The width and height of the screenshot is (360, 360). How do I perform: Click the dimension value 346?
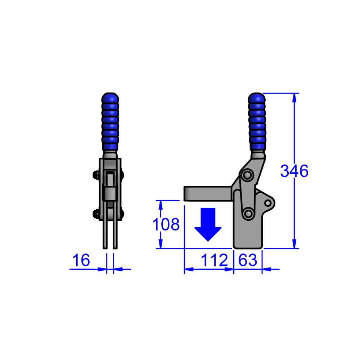pyautogui.click(x=294, y=171)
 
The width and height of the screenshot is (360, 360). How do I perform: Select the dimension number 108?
pyautogui.click(x=166, y=225)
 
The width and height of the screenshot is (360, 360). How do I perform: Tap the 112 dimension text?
pyautogui.click(x=215, y=260)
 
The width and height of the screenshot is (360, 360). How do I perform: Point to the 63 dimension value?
pyautogui.click(x=248, y=260)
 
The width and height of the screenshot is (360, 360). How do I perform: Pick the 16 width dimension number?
pyautogui.click(x=81, y=260)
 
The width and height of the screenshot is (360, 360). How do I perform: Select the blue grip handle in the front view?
pyautogui.click(x=110, y=122)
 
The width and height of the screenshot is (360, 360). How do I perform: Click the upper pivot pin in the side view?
pyautogui.click(x=247, y=175)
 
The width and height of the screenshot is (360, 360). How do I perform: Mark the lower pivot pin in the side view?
pyautogui.click(x=248, y=214)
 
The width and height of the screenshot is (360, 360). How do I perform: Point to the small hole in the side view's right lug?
pyautogui.click(x=268, y=203)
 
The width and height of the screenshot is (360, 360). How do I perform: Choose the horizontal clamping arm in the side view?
pyautogui.click(x=207, y=193)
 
